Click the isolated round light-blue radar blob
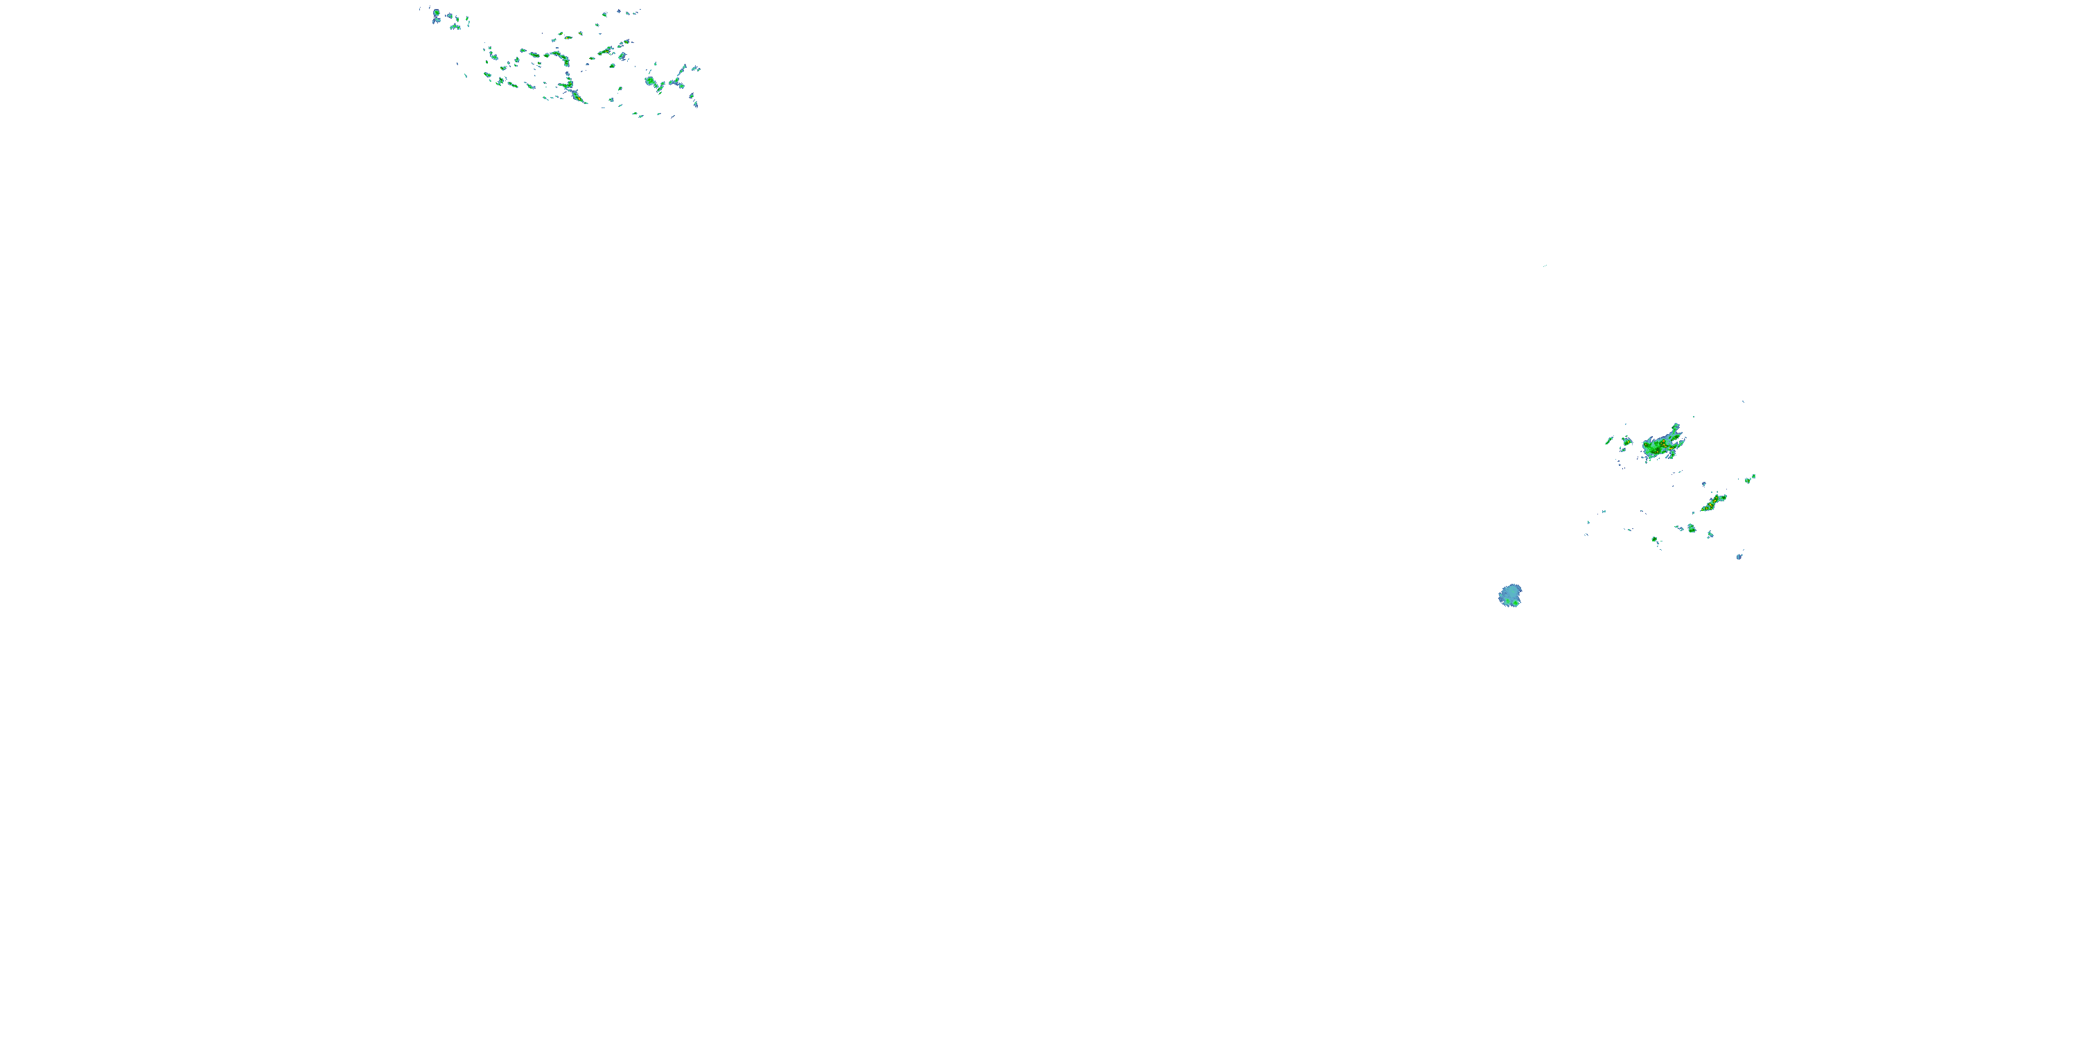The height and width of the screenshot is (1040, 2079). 1510,595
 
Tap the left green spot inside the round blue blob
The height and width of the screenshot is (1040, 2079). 1504,598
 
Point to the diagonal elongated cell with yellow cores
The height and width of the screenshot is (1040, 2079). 1712,504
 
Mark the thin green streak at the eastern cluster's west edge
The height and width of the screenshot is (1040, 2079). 1609,440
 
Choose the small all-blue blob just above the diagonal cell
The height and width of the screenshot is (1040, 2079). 1703,485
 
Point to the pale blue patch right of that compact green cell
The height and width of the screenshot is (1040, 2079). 1710,534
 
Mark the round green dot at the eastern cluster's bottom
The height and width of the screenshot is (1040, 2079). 1654,539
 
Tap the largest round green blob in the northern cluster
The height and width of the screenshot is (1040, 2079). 651,80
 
